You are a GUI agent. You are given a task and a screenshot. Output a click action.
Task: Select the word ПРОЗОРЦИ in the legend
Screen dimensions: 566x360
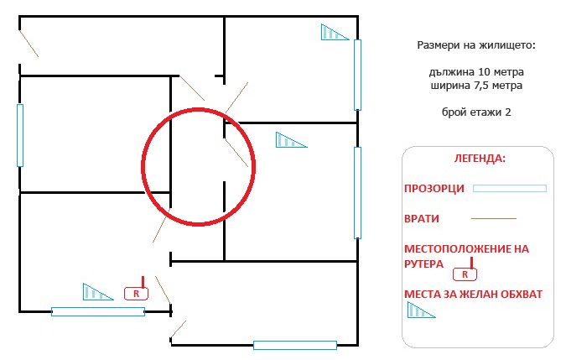point(434,189)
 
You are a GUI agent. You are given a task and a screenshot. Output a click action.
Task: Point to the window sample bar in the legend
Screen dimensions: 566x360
point(510,188)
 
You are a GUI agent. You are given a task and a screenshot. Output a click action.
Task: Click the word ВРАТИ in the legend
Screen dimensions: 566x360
point(422,218)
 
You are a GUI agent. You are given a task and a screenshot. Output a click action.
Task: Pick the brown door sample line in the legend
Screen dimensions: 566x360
point(494,218)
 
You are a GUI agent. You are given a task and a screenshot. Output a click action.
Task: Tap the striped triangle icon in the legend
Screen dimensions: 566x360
point(421,310)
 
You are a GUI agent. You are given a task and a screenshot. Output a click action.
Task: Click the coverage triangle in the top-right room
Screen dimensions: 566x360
point(335,32)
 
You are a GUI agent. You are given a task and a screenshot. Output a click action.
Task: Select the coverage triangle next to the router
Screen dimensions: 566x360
point(97,292)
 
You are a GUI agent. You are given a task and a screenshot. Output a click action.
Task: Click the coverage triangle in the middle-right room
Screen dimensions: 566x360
point(291,140)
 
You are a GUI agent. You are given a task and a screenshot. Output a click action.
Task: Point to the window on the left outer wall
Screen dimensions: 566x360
point(20,135)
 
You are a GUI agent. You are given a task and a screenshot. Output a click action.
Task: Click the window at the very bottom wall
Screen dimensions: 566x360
point(295,345)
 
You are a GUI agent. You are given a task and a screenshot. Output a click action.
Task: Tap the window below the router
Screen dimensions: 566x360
point(98,311)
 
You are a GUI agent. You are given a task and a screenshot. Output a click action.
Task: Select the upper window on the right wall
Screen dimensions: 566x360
point(357,75)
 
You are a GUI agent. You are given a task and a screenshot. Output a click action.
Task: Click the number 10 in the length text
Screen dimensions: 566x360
point(483,72)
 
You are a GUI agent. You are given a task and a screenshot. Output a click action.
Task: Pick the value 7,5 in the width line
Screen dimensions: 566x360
point(476,86)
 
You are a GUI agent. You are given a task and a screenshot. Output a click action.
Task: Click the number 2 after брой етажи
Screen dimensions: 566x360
point(508,112)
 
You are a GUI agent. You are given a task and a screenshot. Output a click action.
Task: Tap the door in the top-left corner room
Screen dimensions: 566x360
point(29,44)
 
